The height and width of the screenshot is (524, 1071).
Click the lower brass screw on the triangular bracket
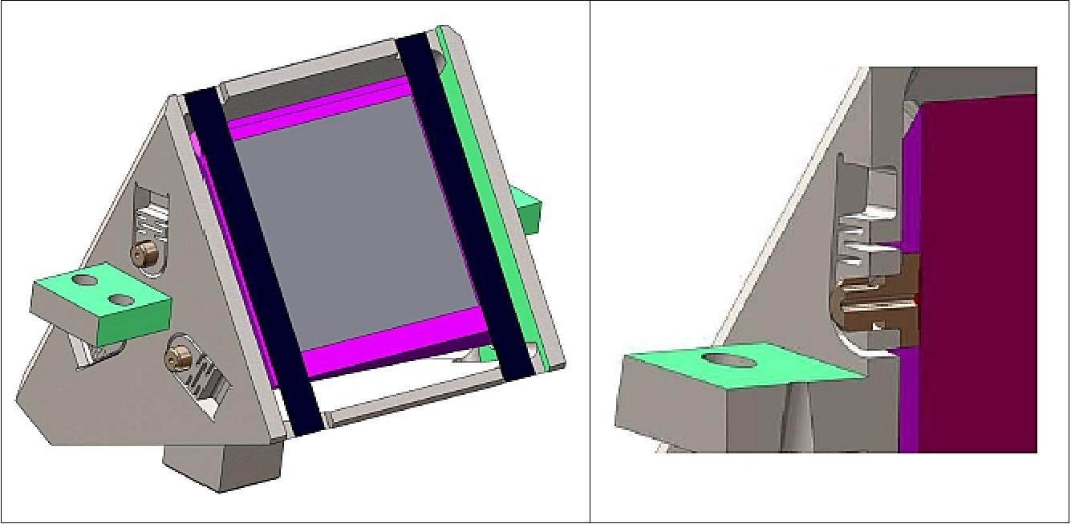pyautogui.click(x=174, y=360)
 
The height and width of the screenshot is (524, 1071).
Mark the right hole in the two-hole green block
pyautogui.click(x=120, y=299)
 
